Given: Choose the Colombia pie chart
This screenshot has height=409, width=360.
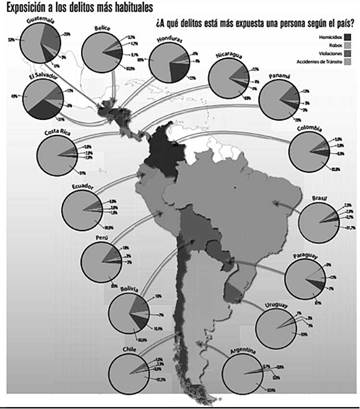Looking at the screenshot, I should [x=311, y=152].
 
